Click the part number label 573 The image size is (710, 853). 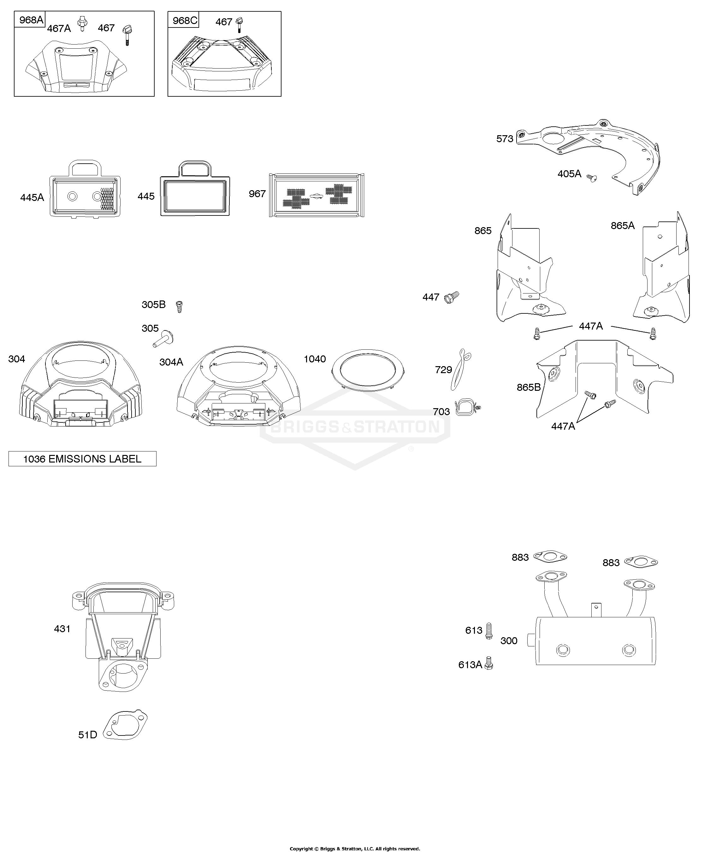(505, 139)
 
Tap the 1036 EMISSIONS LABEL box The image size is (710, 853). (82, 459)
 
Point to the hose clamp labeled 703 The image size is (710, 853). (467, 407)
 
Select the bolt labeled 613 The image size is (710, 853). (489, 631)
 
